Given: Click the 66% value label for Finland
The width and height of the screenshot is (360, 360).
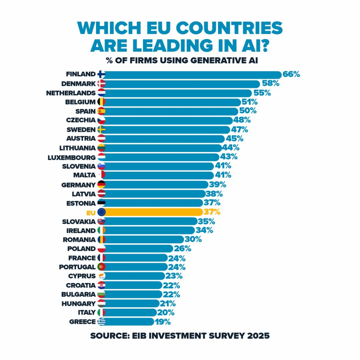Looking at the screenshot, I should [x=291, y=75].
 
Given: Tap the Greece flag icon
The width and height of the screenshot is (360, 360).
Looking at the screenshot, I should [x=101, y=322].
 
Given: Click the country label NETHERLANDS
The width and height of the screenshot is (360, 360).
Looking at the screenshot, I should [x=71, y=93].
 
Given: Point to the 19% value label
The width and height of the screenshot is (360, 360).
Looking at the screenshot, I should [x=162, y=322].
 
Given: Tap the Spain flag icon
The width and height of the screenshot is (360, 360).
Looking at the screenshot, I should [x=101, y=111].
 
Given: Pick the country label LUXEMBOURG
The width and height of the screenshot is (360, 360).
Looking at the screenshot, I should [x=71, y=157].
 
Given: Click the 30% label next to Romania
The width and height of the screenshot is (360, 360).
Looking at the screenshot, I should [x=193, y=239].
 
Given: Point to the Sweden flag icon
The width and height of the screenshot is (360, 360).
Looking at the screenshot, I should [x=101, y=130].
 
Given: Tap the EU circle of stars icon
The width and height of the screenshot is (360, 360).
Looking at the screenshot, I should [x=101, y=212].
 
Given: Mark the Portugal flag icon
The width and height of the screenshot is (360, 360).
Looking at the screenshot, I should [x=101, y=267].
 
